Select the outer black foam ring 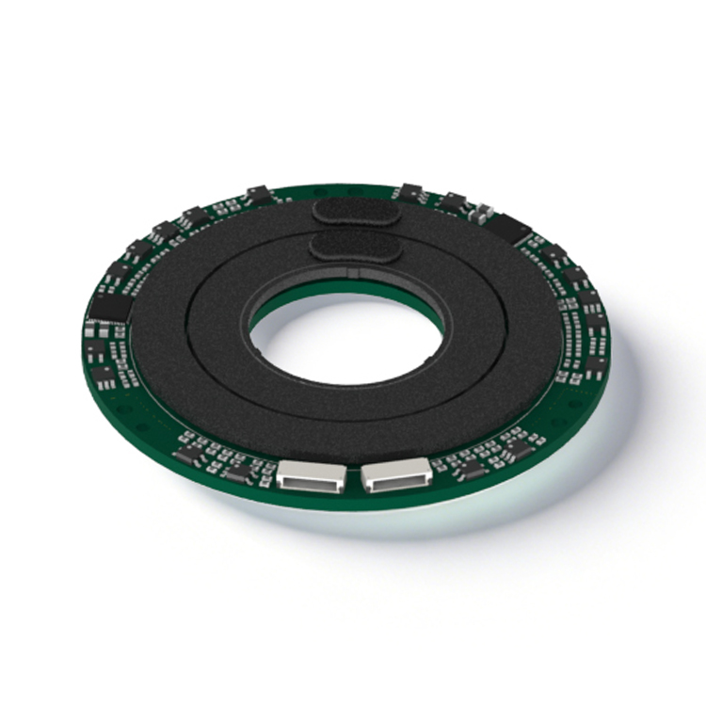click(169, 358)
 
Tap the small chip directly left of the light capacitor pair click(454, 201)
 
